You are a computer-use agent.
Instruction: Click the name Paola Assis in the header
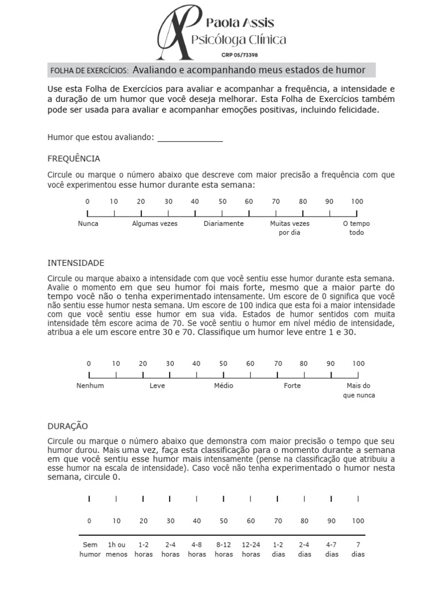[240, 23]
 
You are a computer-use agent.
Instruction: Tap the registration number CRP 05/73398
[240, 55]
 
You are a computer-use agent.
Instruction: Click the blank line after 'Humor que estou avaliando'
[190, 138]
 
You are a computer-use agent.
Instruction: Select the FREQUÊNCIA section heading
[73, 158]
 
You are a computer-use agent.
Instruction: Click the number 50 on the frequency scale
[222, 201]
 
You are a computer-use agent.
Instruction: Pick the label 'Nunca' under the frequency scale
[88, 224]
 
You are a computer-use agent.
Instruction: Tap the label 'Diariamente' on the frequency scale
[223, 224]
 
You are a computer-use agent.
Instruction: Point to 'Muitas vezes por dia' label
[290, 228]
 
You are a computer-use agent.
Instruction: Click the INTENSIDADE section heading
[76, 263]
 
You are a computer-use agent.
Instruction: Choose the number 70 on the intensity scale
[277, 364]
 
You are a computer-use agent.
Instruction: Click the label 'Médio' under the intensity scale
[223, 385]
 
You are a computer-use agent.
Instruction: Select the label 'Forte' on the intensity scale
[292, 385]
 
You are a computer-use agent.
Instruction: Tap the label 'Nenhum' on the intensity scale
[90, 385]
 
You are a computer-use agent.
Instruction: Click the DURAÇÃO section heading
[67, 426]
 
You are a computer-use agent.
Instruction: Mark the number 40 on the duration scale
[197, 521]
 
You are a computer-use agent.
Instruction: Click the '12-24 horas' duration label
[251, 549]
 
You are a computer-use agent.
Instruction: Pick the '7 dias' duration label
[358, 549]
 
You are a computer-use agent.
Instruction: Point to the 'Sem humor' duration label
[89, 549]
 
